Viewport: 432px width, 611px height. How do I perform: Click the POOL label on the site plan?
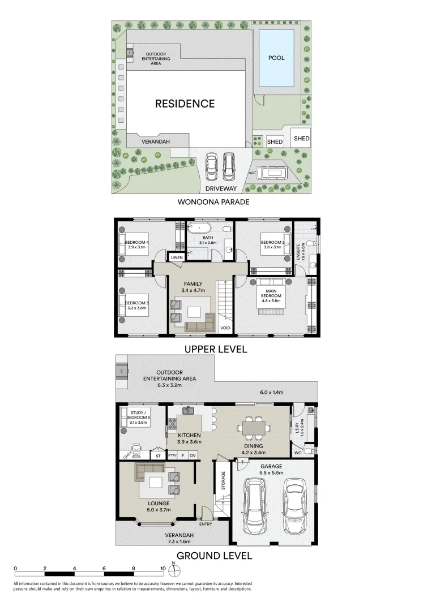click(276, 58)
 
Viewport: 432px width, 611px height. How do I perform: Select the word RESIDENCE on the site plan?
click(185, 104)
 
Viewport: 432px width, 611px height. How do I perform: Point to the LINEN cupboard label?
click(176, 258)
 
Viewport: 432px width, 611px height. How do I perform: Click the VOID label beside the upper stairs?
click(225, 327)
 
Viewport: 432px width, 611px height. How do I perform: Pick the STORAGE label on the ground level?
click(223, 481)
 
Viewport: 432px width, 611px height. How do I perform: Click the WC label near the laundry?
click(298, 452)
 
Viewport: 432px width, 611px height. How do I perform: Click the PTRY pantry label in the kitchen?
click(172, 455)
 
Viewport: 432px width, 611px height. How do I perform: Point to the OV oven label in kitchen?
click(193, 455)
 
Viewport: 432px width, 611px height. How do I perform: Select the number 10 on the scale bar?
click(162, 568)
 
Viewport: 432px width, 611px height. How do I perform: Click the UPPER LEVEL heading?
click(216, 349)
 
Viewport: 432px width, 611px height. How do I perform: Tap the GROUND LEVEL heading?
click(214, 556)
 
